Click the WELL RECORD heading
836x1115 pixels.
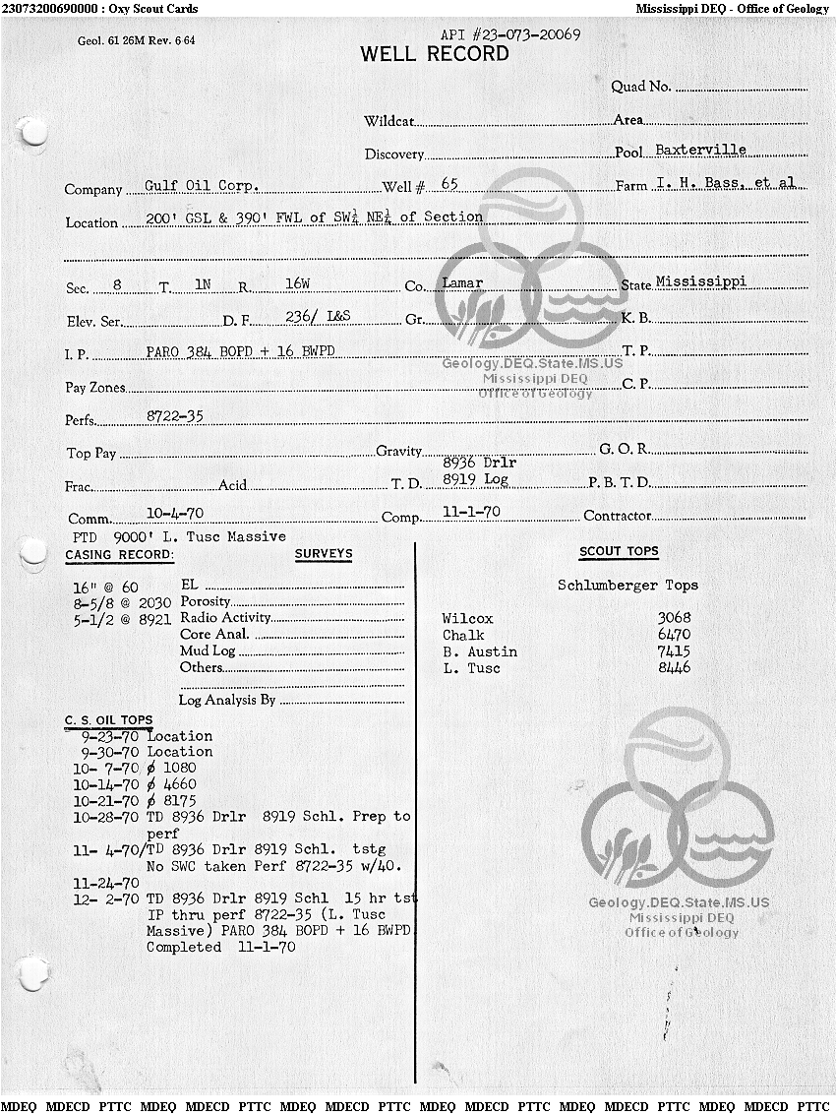(435, 54)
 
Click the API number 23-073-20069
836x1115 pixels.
(509, 34)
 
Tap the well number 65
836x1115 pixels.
(449, 184)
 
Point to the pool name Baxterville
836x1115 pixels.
(700, 150)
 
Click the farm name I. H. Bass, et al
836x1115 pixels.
(726, 183)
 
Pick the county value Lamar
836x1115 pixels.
(462, 282)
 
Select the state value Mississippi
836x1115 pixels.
(700, 280)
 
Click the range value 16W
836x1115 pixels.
(297, 283)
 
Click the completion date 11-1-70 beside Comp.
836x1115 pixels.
(471, 512)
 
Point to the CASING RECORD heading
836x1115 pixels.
(119, 555)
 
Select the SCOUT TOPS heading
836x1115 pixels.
(619, 552)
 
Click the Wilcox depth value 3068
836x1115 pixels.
(674, 618)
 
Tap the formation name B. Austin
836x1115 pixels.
(479, 651)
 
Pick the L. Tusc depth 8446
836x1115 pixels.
(674, 668)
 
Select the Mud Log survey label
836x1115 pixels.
(208, 650)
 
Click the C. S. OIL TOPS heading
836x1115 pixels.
(108, 720)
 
